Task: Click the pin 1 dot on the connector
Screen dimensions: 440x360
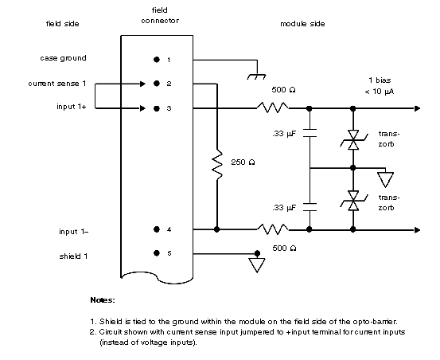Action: [157, 59]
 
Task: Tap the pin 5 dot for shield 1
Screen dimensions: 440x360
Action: [157, 253]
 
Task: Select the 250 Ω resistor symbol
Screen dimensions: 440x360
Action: [217, 165]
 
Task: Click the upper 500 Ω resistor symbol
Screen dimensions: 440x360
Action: [273, 108]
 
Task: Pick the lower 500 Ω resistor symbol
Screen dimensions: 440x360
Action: [273, 229]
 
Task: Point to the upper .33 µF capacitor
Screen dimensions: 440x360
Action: [310, 133]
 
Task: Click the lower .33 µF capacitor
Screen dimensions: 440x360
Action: [310, 207]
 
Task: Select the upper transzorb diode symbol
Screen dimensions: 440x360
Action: [353, 140]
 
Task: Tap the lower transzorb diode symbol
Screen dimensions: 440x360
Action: [353, 201]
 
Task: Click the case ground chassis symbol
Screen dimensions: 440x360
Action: [256, 76]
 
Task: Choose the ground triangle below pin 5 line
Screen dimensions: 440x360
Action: [257, 265]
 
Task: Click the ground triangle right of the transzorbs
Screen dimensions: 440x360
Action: [385, 180]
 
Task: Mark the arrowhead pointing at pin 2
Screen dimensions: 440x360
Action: [142, 84]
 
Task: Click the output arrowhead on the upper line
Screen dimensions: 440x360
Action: [417, 108]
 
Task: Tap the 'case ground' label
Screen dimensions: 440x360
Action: [63, 58]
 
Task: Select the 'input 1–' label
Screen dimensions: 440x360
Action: [73, 232]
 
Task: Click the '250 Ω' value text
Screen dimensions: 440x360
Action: [243, 162]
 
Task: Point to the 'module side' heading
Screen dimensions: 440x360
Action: [302, 24]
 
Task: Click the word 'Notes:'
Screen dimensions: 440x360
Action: [103, 300]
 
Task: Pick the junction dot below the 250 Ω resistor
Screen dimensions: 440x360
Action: [216, 229]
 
